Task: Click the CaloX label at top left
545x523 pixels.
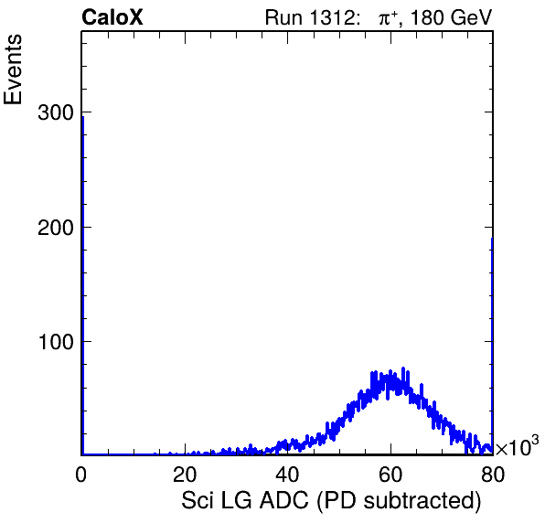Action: [112, 17]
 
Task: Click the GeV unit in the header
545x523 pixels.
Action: [472, 17]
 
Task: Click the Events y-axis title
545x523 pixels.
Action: [13, 69]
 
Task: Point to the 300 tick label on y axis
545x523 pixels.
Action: [56, 112]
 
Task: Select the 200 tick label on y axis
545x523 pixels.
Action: [56, 228]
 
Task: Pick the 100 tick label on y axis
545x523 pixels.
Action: [57, 342]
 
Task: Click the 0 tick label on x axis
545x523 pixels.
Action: [81, 474]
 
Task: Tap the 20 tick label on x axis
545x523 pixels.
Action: [185, 474]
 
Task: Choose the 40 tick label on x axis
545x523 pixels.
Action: [287, 474]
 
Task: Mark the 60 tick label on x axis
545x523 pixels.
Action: [390, 474]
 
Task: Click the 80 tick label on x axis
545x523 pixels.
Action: [493, 474]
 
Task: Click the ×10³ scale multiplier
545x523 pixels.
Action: [518, 445]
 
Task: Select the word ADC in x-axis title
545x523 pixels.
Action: [284, 500]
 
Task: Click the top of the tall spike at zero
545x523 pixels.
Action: [82, 117]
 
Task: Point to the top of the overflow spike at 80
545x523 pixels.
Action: [492, 239]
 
